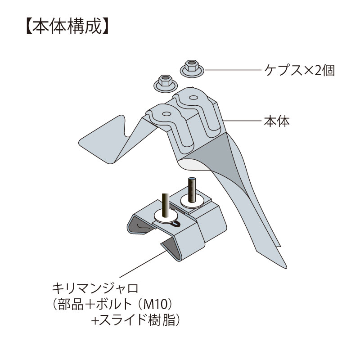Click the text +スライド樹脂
[x=135, y=321]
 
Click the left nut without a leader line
[x=165, y=82]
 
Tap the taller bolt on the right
[x=192, y=189]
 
